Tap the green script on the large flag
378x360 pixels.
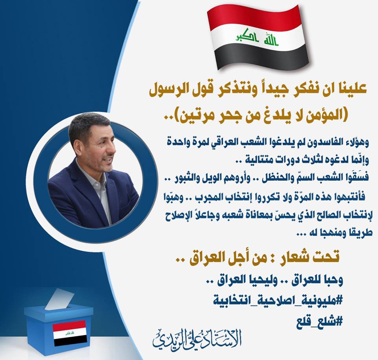pos(257,37)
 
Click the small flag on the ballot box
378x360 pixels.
pos(70,332)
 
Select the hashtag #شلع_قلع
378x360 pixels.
pos(319,321)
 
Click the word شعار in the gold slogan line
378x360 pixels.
pos(294,257)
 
